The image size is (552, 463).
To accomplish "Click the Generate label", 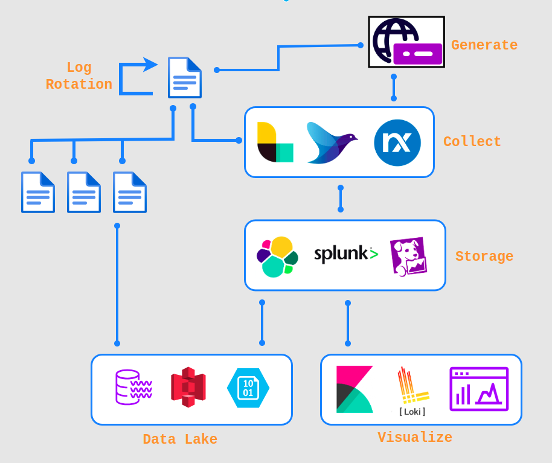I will coord(484,45).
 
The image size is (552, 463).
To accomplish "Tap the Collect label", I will coord(472,142).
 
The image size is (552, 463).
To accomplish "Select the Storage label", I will coord(484,257).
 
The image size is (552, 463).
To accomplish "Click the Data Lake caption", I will coord(180,439).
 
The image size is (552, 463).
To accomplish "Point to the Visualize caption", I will coord(414,438).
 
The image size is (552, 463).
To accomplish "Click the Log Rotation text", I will coord(79,76).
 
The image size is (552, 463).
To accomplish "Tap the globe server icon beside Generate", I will coord(406,42).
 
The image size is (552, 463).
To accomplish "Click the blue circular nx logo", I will coord(397,142).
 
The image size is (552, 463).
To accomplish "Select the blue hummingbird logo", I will coord(331,142).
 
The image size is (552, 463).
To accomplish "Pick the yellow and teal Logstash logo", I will coord(275,142).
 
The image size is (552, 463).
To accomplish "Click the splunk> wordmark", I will coord(345,254).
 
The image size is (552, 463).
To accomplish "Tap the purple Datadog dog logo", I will coord(408,257).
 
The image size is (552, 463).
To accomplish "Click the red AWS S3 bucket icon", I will coord(188,387).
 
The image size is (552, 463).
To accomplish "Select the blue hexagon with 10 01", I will coord(248,388).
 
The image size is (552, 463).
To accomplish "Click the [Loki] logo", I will coord(412,392).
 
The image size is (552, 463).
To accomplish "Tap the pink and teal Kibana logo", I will coord(355,389).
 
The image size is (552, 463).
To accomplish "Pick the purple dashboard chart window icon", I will coord(479,389).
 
